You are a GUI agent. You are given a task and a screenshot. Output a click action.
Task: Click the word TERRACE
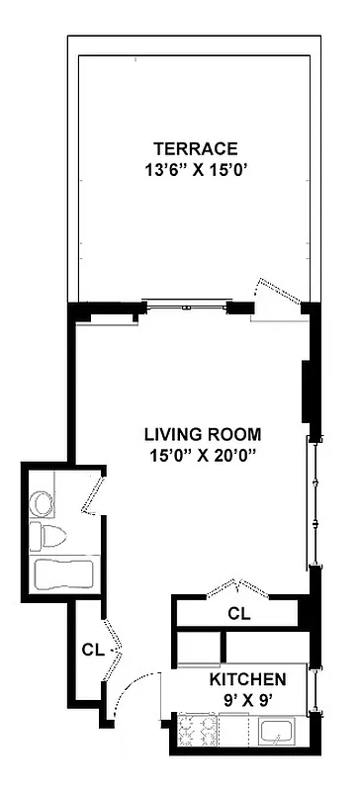203,149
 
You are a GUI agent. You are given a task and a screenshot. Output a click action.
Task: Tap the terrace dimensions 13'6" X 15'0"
203,168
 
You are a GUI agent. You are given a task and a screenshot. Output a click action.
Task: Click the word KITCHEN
247,680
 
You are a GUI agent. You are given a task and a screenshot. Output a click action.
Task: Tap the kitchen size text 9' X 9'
247,699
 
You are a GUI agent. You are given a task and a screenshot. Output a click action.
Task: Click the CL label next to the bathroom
93,650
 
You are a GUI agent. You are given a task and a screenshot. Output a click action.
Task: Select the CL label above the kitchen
238,613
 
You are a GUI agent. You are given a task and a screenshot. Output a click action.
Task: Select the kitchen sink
278,733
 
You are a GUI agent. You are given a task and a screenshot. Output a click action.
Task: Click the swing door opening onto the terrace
268,298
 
